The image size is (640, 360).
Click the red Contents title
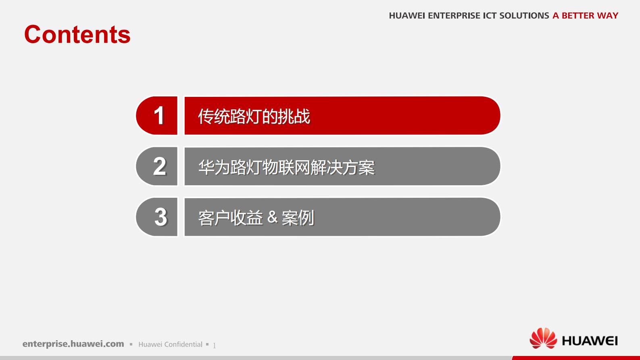point(77,35)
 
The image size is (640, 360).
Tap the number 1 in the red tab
point(159,116)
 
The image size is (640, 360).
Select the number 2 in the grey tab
point(160,166)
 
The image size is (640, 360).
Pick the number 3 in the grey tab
point(161,217)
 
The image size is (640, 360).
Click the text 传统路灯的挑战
point(254,117)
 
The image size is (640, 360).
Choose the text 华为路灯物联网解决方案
point(286,167)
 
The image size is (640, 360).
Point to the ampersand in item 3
point(273,218)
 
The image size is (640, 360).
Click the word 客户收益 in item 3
point(230,218)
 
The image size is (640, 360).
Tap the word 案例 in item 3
point(298,218)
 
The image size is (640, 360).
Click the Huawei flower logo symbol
point(543,338)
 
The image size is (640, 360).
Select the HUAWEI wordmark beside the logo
point(590,341)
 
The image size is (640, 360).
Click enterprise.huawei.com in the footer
point(73,344)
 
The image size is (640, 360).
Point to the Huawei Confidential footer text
point(170,344)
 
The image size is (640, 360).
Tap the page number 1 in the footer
point(215,345)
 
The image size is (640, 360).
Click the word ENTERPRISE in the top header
point(454,16)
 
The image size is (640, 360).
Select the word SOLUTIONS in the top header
point(524,16)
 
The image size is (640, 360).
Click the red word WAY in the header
point(608,16)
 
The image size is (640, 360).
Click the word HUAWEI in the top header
point(407,16)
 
